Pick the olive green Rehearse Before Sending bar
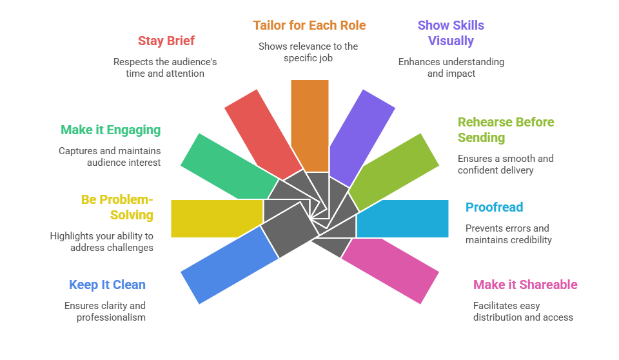(394, 171)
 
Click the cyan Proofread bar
(402, 219)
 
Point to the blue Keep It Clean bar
(228, 265)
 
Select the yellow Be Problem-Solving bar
(217, 218)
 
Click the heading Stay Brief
(166, 41)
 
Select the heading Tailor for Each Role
(309, 26)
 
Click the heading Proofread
(494, 208)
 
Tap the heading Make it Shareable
(525, 285)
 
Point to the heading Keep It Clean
(107, 285)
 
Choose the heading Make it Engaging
(110, 130)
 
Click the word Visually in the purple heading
(451, 41)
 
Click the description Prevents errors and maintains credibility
(508, 234)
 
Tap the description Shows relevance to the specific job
(308, 52)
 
